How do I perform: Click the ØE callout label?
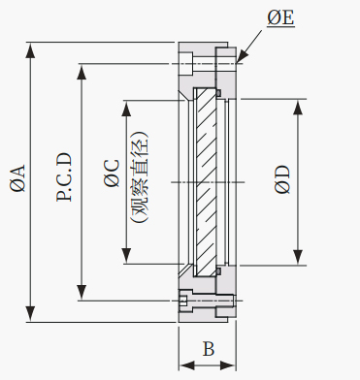point(280,17)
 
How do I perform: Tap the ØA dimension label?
point(17,177)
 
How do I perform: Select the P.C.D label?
point(64,177)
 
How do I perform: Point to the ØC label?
point(112,173)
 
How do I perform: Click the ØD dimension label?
point(282,179)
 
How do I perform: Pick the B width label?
point(209,349)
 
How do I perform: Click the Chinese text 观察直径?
point(140,177)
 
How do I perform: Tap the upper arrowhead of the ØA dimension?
point(31,50)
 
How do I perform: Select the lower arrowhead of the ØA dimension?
point(31,313)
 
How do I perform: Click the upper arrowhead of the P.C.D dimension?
point(82,72)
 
